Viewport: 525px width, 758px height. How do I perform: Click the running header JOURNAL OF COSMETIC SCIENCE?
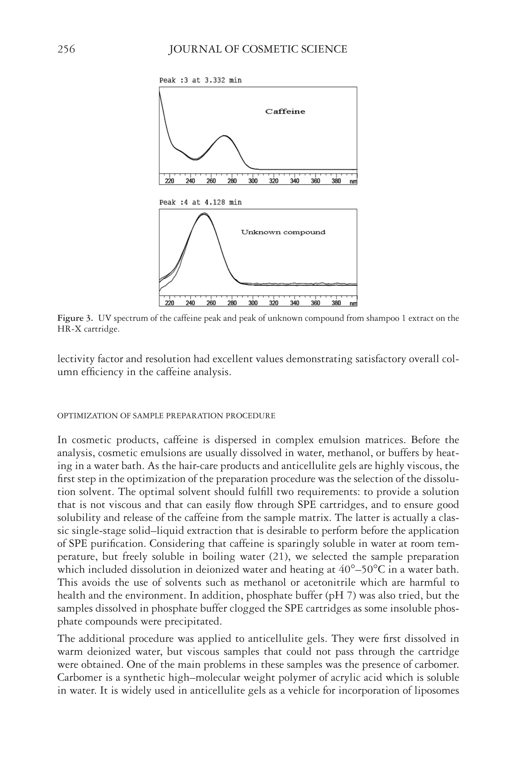[258, 49]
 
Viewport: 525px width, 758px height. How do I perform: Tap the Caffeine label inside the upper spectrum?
[285, 111]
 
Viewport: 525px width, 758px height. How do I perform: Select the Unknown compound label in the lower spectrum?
[283, 232]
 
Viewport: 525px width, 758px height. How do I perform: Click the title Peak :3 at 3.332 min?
[200, 80]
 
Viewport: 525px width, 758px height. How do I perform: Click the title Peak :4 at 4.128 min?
[200, 202]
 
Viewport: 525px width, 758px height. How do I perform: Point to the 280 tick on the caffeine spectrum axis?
[232, 181]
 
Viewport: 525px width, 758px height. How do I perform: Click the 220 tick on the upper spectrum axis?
[169, 181]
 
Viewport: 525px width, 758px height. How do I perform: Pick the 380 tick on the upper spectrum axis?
[336, 181]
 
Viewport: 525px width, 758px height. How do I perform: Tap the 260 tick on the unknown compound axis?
[211, 303]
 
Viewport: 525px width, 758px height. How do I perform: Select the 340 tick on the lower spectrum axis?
[294, 303]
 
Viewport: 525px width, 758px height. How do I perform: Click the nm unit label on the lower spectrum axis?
[353, 303]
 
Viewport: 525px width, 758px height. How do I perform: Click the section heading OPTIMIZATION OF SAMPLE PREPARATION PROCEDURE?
[166, 416]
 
